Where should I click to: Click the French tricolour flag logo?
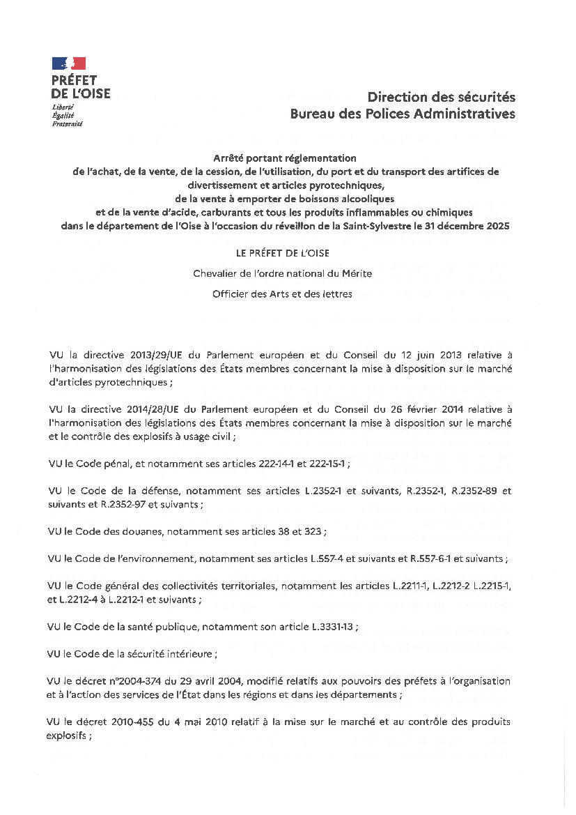coord(68,63)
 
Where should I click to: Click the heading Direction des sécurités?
coord(441,97)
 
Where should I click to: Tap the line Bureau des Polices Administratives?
coord(403,113)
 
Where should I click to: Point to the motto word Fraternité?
coord(67,123)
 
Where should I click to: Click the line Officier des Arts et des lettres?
coord(283,294)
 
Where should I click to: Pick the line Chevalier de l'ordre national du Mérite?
coord(283,273)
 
